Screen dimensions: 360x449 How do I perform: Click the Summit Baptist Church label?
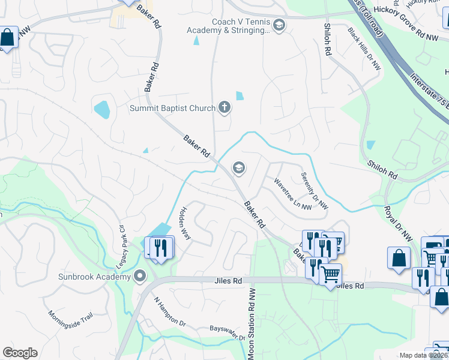click(x=173, y=108)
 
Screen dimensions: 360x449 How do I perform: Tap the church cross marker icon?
click(x=224, y=108)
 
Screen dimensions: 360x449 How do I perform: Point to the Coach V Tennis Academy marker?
click(x=279, y=25)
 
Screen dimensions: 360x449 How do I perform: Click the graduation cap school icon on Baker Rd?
click(x=239, y=168)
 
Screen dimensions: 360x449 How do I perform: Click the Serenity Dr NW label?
click(x=314, y=190)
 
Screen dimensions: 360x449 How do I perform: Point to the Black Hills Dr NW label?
click(x=364, y=49)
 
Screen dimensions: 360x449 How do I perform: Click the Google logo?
click(x=20, y=353)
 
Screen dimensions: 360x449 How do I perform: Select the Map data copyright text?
click(x=424, y=355)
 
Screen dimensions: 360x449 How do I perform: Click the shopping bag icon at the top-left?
click(x=8, y=38)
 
